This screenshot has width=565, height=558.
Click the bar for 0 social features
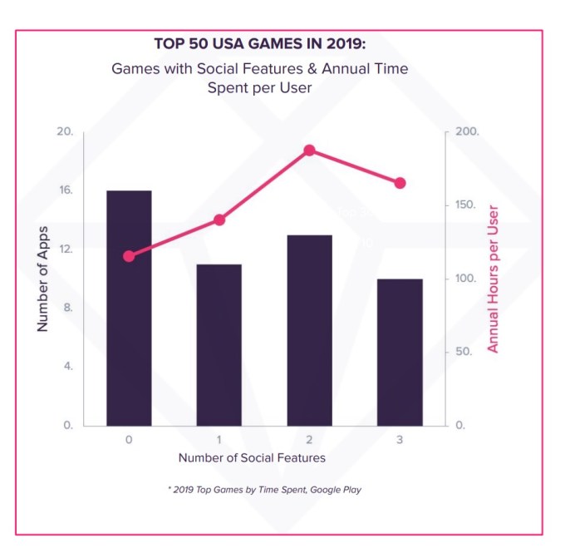point(129,308)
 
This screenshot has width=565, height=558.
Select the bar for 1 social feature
point(219,344)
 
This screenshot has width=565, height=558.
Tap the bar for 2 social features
point(309,329)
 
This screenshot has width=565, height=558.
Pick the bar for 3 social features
point(400,352)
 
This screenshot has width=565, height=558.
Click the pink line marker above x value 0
point(129,256)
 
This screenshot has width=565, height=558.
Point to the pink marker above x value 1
point(219,220)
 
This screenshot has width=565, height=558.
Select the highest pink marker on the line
point(309,151)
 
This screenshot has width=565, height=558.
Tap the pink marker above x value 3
point(400,183)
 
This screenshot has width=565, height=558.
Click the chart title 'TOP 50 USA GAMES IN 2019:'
point(260,43)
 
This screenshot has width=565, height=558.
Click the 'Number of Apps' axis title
point(42,278)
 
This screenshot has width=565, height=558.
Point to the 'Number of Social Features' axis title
point(251,457)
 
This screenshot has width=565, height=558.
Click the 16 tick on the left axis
point(66,190)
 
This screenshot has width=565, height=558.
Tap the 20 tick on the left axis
point(66,132)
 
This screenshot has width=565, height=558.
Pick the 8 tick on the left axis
point(68,308)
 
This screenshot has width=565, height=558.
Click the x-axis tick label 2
point(309,439)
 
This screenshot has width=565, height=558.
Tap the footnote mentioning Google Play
point(264,489)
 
